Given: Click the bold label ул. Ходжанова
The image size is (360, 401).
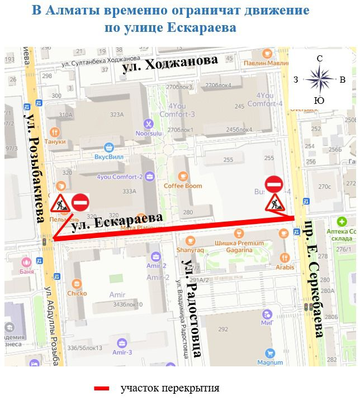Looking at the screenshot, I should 170,64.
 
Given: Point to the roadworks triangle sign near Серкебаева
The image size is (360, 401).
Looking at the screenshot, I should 274,203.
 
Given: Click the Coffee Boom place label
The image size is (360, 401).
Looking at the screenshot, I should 183,185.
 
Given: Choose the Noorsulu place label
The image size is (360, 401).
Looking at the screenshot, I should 148,133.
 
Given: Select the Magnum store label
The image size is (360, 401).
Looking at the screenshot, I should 271,362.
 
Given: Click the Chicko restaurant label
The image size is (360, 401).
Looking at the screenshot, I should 77,293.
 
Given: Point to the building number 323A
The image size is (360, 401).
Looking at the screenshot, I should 116,114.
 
